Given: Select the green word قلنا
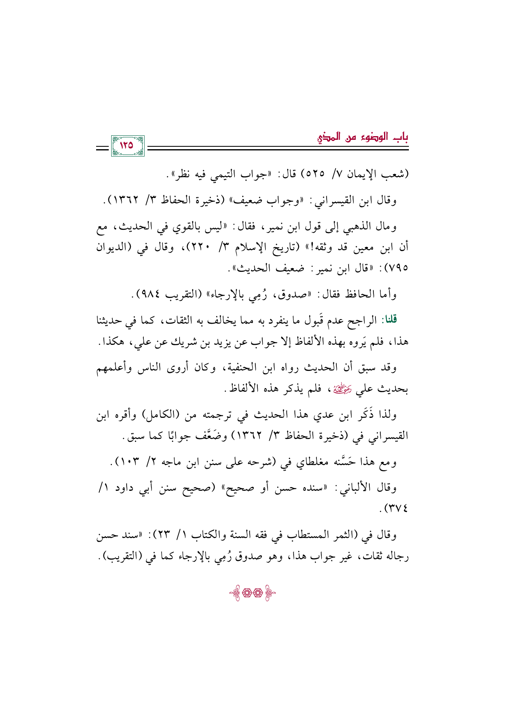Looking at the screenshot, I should coord(389,319).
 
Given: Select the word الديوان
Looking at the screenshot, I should coord(111,247).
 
